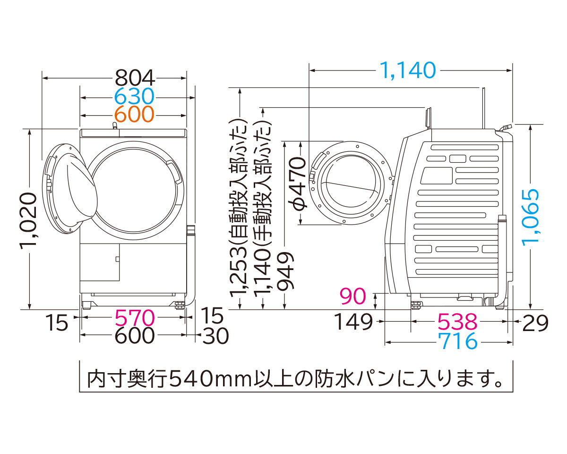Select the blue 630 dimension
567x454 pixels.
pos(135,97)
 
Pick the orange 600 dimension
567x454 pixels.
pos(135,114)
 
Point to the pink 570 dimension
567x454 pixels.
pos(135,318)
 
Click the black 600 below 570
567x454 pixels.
pos(135,336)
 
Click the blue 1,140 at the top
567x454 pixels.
pos(407,70)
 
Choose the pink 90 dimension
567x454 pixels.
pos(353,297)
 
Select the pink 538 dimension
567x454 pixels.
pos(457,323)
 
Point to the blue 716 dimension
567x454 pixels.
pos(457,341)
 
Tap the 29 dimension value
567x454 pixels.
pos(535,323)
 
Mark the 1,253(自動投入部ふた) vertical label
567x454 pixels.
pos(240,208)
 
